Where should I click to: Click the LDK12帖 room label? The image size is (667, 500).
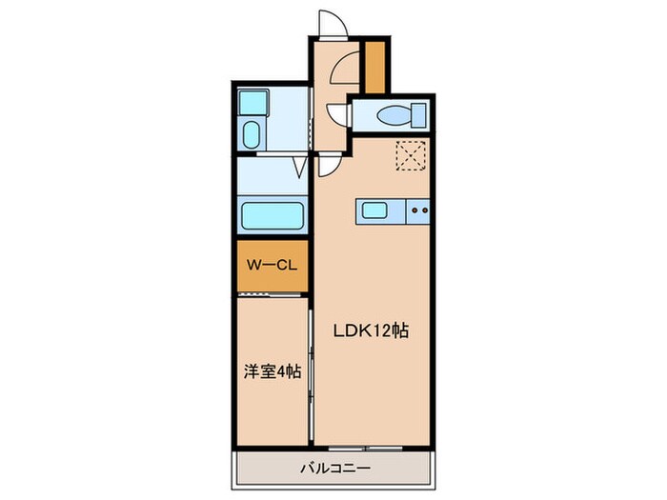point(371,331)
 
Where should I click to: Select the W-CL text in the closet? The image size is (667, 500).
point(270,267)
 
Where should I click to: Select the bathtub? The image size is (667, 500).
point(273,215)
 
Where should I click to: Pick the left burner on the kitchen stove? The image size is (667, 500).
point(414,210)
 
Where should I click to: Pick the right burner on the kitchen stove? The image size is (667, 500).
point(426,210)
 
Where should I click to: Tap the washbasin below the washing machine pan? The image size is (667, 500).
point(252,133)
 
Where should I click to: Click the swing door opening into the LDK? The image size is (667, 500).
point(326,168)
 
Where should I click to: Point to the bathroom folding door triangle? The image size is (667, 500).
point(300,169)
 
